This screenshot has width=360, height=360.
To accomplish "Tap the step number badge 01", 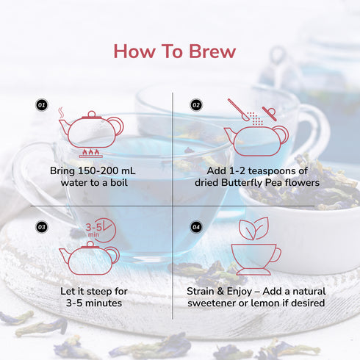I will [42, 106].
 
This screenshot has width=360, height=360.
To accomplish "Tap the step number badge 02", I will [196, 106].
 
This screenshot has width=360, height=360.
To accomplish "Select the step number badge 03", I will [42, 226].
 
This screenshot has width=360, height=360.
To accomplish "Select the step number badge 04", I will [196, 226].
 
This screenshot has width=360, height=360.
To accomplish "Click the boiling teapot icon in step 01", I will [90, 129].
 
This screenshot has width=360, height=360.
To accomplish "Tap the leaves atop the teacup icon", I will [255, 230].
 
